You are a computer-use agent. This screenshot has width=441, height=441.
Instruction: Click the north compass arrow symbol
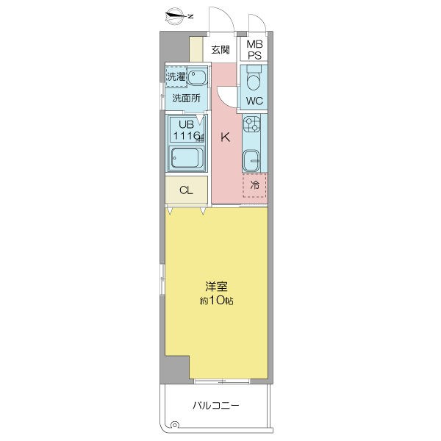(x=177, y=15)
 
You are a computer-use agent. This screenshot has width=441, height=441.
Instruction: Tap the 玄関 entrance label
(x=220, y=50)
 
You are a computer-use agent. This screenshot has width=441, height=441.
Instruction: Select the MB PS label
(x=254, y=50)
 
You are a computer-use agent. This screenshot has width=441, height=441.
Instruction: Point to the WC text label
(x=254, y=101)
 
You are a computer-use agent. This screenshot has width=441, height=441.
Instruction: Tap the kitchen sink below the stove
(x=252, y=158)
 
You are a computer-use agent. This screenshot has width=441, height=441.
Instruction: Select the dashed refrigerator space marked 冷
(x=254, y=185)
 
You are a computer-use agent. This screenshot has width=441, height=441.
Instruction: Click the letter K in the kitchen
(x=226, y=136)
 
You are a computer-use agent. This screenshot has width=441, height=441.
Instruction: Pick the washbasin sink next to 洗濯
(x=196, y=79)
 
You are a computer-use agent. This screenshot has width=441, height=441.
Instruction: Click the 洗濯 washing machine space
(x=176, y=76)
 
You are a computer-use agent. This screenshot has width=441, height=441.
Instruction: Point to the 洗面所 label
(x=185, y=98)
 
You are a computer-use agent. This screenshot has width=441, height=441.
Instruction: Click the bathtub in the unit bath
(x=185, y=158)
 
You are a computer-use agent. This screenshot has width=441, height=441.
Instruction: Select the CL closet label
(x=186, y=190)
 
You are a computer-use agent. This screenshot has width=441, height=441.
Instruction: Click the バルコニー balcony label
(x=217, y=405)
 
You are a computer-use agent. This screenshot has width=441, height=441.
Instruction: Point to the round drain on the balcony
(x=174, y=424)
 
